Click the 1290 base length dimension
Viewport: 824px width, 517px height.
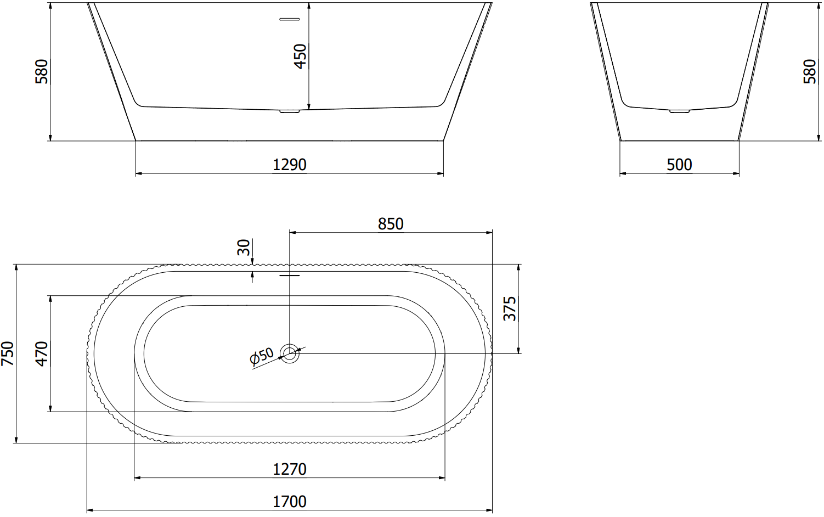tap(290, 165)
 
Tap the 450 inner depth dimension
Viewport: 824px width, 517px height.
tap(301, 57)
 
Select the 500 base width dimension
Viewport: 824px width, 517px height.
tap(679, 165)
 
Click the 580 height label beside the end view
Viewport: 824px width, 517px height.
tap(810, 71)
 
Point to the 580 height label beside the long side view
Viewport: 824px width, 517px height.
tap(42, 71)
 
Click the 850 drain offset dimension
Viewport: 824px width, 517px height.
tap(391, 224)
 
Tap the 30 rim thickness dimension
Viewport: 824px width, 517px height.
tap(244, 247)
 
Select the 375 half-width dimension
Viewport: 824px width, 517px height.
tap(510, 309)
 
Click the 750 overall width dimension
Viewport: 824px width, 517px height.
tap(7, 353)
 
